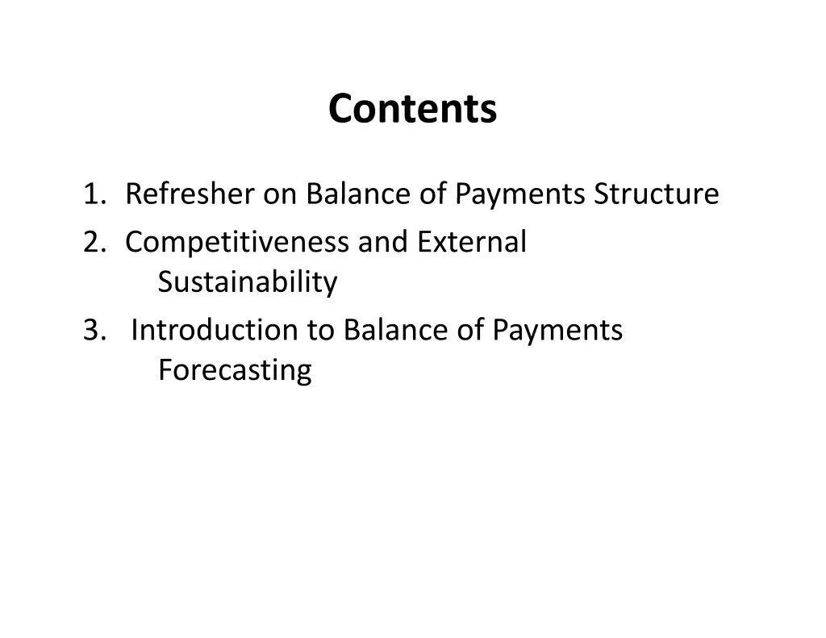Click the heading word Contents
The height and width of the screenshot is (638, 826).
(412, 109)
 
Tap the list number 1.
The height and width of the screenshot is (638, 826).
(95, 194)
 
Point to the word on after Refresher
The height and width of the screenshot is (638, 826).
(280, 195)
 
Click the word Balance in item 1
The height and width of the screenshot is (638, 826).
(357, 193)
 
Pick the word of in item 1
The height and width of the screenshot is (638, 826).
(433, 193)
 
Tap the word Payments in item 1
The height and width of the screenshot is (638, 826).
(520, 195)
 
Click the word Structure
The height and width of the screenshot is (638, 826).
(657, 193)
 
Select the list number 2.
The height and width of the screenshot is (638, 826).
(95, 242)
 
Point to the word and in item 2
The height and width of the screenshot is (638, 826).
(383, 241)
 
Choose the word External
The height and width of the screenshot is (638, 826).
(472, 241)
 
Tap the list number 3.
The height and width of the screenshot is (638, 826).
(95, 331)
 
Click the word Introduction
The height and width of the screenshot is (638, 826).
(215, 330)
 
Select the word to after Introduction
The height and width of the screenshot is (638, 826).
(321, 331)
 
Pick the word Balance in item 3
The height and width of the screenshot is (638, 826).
(395, 330)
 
